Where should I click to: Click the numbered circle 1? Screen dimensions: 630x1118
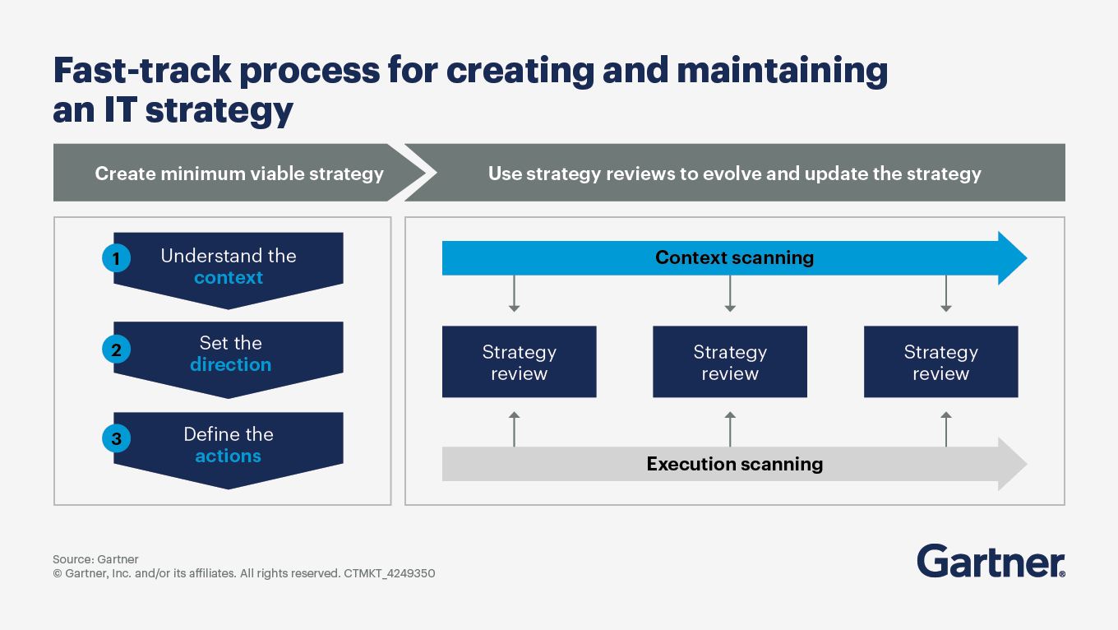point(116,259)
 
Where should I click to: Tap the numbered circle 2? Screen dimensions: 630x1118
point(116,350)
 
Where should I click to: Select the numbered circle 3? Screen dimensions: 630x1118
point(116,439)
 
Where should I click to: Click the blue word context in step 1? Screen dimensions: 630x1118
point(229,278)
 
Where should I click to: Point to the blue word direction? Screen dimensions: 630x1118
point(230,364)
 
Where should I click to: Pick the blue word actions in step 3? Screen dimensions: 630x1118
point(228,456)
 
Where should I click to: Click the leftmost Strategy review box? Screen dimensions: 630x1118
point(519,362)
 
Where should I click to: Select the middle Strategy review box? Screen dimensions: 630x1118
point(729,362)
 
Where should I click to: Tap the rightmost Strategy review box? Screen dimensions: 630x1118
point(940,362)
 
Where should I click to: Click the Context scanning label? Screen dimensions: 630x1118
point(734,257)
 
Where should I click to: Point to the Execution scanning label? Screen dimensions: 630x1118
point(734,464)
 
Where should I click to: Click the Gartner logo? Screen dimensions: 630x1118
point(991,561)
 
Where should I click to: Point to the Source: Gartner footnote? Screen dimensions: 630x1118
point(95,559)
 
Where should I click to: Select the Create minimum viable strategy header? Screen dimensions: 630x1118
point(239,174)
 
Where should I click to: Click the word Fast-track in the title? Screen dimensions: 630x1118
point(140,72)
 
